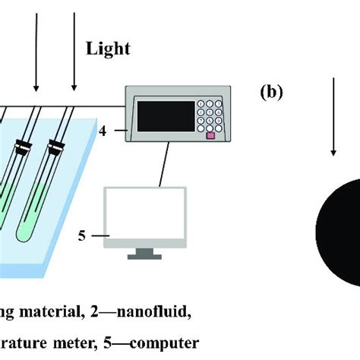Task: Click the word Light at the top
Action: click(107, 49)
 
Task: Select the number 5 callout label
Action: click(83, 236)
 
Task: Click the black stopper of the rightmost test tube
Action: click(55, 143)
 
